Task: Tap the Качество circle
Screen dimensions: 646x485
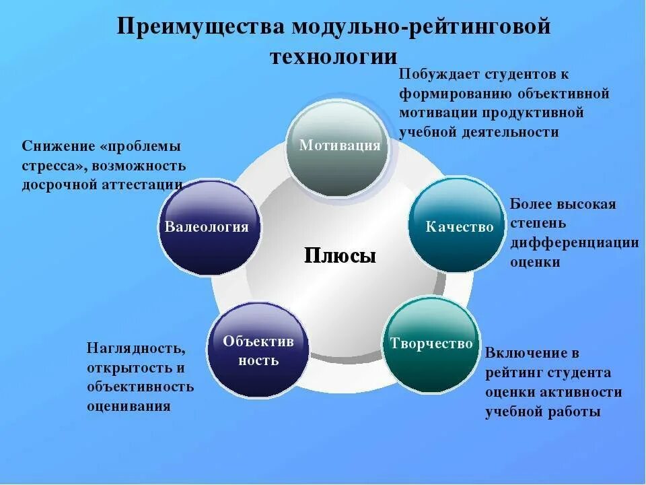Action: click(x=458, y=226)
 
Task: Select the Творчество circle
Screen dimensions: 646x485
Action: click(x=431, y=344)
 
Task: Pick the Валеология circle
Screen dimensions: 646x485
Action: click(x=207, y=227)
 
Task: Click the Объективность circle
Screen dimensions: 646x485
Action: click(x=258, y=350)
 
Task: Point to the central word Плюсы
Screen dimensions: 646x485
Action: click(x=340, y=256)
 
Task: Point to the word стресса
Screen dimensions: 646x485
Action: click(x=53, y=166)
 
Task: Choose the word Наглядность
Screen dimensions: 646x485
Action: click(x=135, y=348)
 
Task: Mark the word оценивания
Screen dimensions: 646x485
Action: click(x=129, y=406)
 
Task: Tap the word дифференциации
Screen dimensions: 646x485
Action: click(x=574, y=243)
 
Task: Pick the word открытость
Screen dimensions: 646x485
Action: click(x=127, y=368)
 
